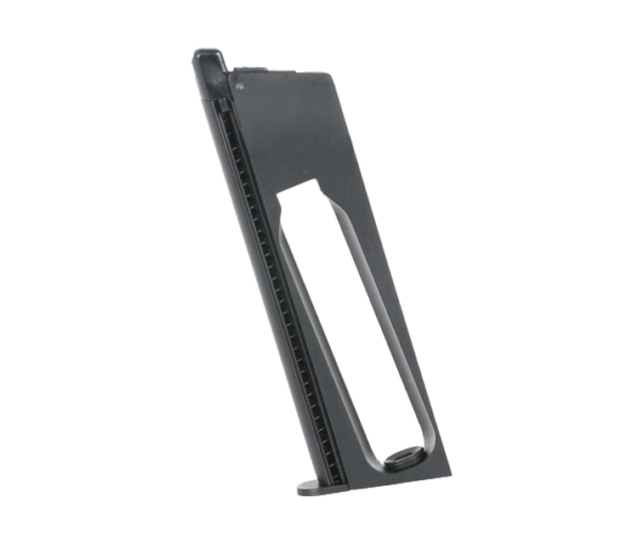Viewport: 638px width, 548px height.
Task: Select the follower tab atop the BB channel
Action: tap(223, 105)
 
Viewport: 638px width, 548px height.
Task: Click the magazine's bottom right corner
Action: tap(449, 472)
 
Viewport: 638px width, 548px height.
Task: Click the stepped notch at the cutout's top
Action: tap(306, 183)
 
